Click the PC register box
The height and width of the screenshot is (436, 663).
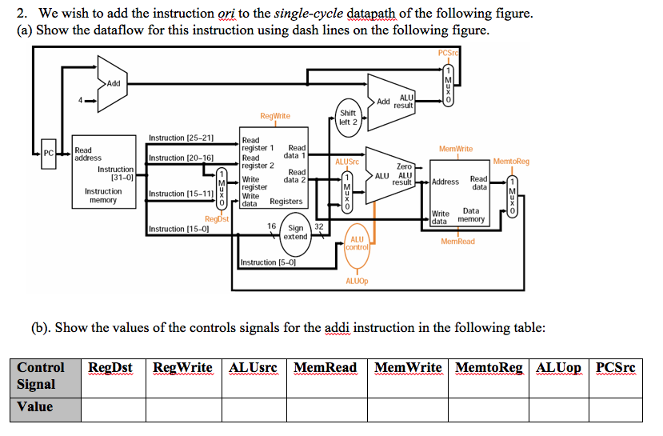click(x=49, y=152)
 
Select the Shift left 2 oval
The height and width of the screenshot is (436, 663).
click(x=348, y=118)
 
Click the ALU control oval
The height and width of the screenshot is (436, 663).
click(x=357, y=243)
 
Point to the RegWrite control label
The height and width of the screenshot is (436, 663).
click(x=275, y=116)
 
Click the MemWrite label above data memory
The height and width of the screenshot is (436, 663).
click(x=456, y=149)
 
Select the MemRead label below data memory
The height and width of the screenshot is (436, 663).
click(x=457, y=241)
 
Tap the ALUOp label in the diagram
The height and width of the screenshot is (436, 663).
click(x=357, y=281)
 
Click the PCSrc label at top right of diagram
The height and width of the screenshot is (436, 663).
click(x=449, y=53)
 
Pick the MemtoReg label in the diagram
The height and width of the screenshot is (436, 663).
click(x=511, y=161)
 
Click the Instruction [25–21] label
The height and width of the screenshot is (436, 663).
click(x=181, y=138)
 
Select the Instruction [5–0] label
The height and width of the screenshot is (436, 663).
click(x=268, y=262)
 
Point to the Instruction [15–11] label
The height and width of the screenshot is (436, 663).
click(x=181, y=194)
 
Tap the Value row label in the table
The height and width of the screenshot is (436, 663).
click(x=35, y=406)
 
